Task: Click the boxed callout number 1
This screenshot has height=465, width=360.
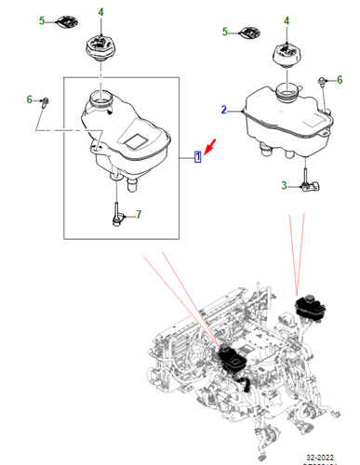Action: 197,157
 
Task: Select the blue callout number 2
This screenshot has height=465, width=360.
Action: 223,110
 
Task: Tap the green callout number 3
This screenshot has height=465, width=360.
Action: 285,185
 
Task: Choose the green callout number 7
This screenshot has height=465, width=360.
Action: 139,215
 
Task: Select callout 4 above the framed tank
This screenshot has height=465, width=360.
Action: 101,11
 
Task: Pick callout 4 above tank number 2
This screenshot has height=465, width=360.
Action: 286,20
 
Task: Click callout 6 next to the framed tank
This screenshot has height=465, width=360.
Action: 29,100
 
